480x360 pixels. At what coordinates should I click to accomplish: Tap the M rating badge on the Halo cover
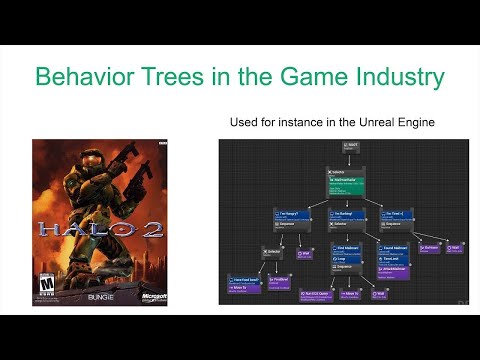click(x=44, y=287)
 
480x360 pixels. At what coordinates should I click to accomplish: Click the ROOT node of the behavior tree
click(x=349, y=147)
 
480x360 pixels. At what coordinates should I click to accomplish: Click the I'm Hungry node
click(x=290, y=216)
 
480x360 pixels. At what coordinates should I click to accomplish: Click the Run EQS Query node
click(x=316, y=294)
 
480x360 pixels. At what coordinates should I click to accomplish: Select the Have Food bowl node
click(x=244, y=284)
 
